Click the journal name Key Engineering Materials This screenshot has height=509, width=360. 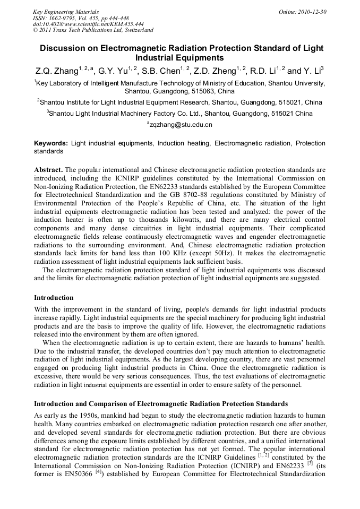tap(66, 12)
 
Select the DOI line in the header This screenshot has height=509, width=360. tap(88, 24)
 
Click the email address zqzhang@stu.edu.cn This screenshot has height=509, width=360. tap(180, 125)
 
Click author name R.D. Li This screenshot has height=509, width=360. tap(260, 71)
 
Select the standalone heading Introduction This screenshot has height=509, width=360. tap(54, 297)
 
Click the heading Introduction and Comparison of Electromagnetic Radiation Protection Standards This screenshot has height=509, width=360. tap(161, 403)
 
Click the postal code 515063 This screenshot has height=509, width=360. tap(204, 91)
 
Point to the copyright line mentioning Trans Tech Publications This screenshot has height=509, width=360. tap(93, 30)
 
